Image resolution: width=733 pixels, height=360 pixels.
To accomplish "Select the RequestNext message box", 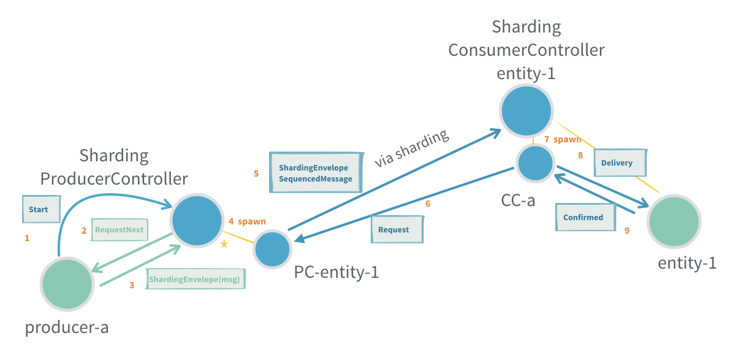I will point(119,230).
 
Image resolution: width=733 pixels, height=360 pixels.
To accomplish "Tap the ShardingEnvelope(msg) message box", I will point(195,279).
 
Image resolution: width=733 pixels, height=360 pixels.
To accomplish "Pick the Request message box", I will point(398,229).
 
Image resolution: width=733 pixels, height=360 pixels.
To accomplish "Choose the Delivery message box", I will point(621,163).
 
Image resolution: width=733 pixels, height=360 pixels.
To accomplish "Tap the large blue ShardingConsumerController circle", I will point(526,110).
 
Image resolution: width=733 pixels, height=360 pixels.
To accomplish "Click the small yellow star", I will point(224,244).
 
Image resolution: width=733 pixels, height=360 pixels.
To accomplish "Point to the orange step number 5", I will point(256,174).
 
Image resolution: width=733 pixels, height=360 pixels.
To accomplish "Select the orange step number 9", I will point(627,231).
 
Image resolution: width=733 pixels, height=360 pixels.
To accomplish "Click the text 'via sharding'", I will point(412,148).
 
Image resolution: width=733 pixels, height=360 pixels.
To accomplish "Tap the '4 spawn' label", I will point(247,221).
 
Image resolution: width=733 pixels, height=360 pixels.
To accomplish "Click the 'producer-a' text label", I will point(67,327).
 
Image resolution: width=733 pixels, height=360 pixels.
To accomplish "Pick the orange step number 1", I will point(27,238).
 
